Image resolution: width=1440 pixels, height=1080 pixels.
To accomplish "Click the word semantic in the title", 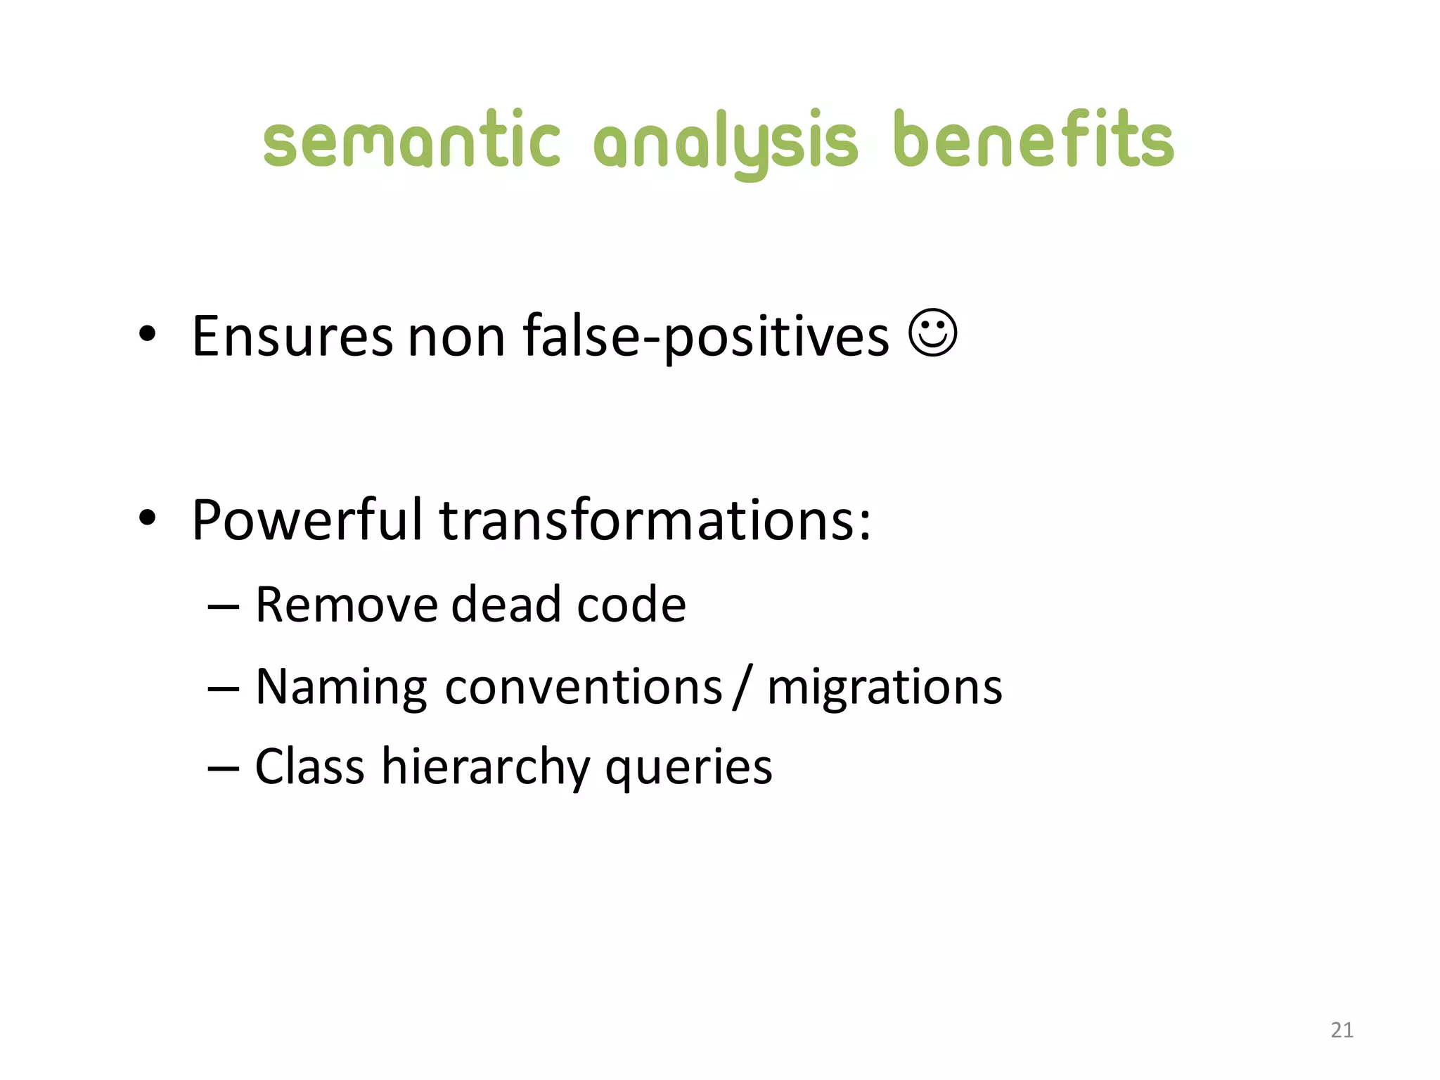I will (x=411, y=141).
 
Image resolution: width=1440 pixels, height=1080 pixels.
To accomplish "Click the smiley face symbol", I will (x=932, y=333).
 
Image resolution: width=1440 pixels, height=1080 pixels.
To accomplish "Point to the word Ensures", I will (x=292, y=337).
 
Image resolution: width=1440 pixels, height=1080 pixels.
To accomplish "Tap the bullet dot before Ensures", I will (x=147, y=335).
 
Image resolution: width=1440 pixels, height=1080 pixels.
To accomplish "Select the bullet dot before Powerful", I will (x=147, y=518).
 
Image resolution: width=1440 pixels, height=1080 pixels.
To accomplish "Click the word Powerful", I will (x=307, y=520).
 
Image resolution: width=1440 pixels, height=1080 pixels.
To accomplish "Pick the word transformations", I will (x=654, y=520).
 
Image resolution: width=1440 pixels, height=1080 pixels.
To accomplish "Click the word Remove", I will (x=346, y=605).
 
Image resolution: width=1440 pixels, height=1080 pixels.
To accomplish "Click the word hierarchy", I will (x=485, y=767).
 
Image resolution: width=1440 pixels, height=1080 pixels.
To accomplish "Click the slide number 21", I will (x=1342, y=1030).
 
